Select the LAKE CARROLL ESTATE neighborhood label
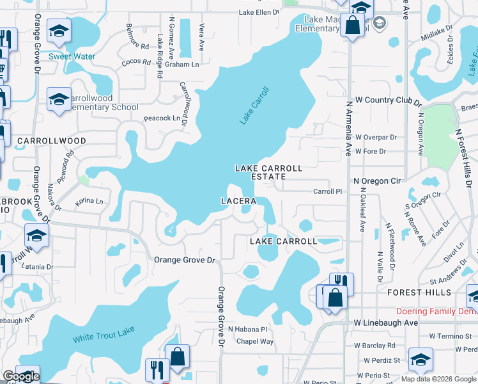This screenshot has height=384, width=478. [x=268, y=172]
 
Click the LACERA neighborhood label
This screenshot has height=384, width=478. [x=238, y=201]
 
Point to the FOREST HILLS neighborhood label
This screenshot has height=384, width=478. [x=419, y=292]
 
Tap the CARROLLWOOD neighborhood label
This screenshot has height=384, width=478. [x=43, y=140]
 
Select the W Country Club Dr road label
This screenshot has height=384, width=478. [x=389, y=100]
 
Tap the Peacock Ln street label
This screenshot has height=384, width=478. [x=162, y=118]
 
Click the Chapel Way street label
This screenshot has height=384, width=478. [x=255, y=341]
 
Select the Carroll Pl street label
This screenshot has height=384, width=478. [x=328, y=191]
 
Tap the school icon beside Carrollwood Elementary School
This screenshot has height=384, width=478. [x=59, y=99]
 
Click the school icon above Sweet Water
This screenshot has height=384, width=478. [x=59, y=31]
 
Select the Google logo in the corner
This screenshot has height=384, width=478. [x=21, y=376]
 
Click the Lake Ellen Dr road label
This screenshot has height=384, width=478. [x=259, y=12]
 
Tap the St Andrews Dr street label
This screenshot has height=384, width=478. [x=450, y=280]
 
